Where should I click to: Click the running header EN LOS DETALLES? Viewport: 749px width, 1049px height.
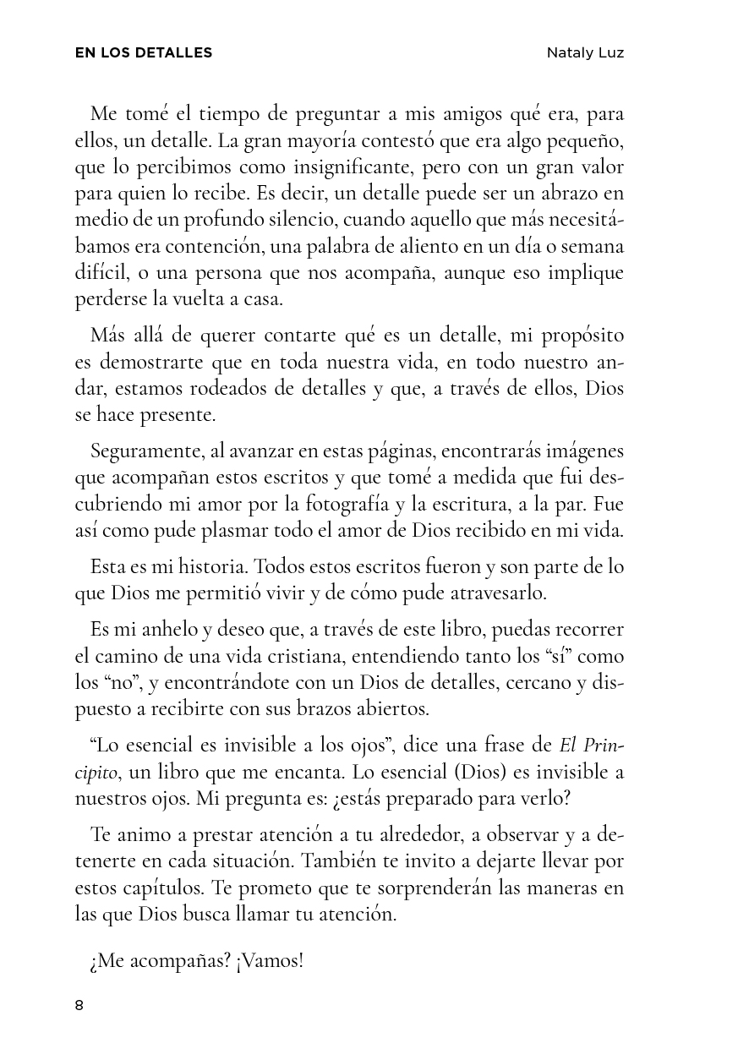144,53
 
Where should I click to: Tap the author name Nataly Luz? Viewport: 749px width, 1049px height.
585,53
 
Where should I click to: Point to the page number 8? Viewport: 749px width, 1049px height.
79,1005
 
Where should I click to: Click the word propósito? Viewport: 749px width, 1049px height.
579,336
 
